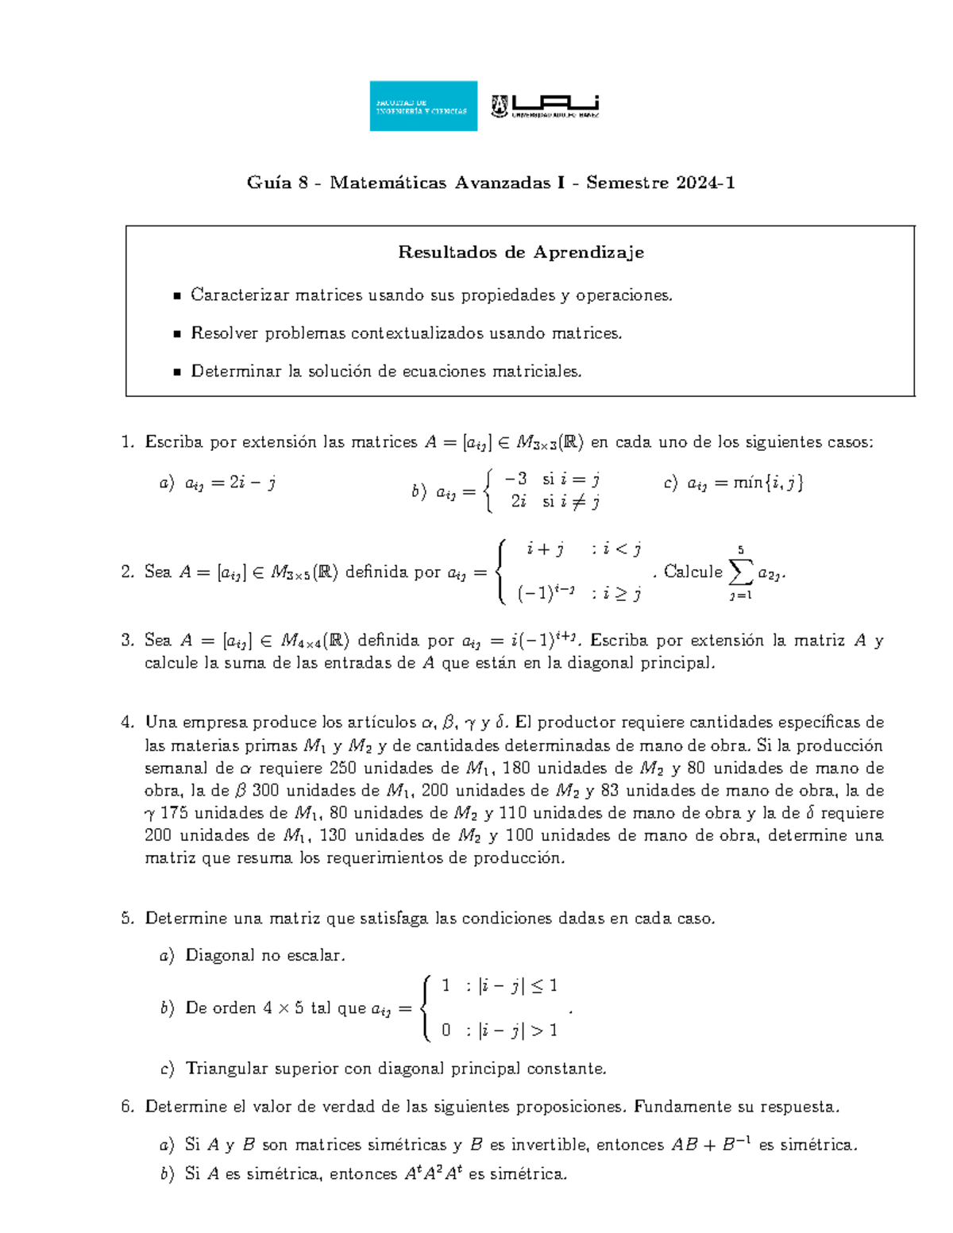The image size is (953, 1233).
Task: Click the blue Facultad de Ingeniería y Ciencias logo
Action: point(423,106)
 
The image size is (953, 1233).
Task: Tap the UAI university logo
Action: point(545,106)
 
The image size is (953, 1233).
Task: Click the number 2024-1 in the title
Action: point(705,183)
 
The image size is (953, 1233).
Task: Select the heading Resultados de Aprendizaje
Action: point(521,252)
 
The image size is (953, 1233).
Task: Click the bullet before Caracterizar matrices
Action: point(177,296)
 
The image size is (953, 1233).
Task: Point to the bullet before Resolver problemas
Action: point(177,334)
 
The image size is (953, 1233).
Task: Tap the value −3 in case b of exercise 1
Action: point(515,479)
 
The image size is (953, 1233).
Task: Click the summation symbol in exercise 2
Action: point(741,572)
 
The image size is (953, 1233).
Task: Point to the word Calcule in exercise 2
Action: point(693,572)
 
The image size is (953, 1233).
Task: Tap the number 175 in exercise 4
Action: point(176,812)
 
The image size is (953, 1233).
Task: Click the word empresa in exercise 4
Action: point(210,722)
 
